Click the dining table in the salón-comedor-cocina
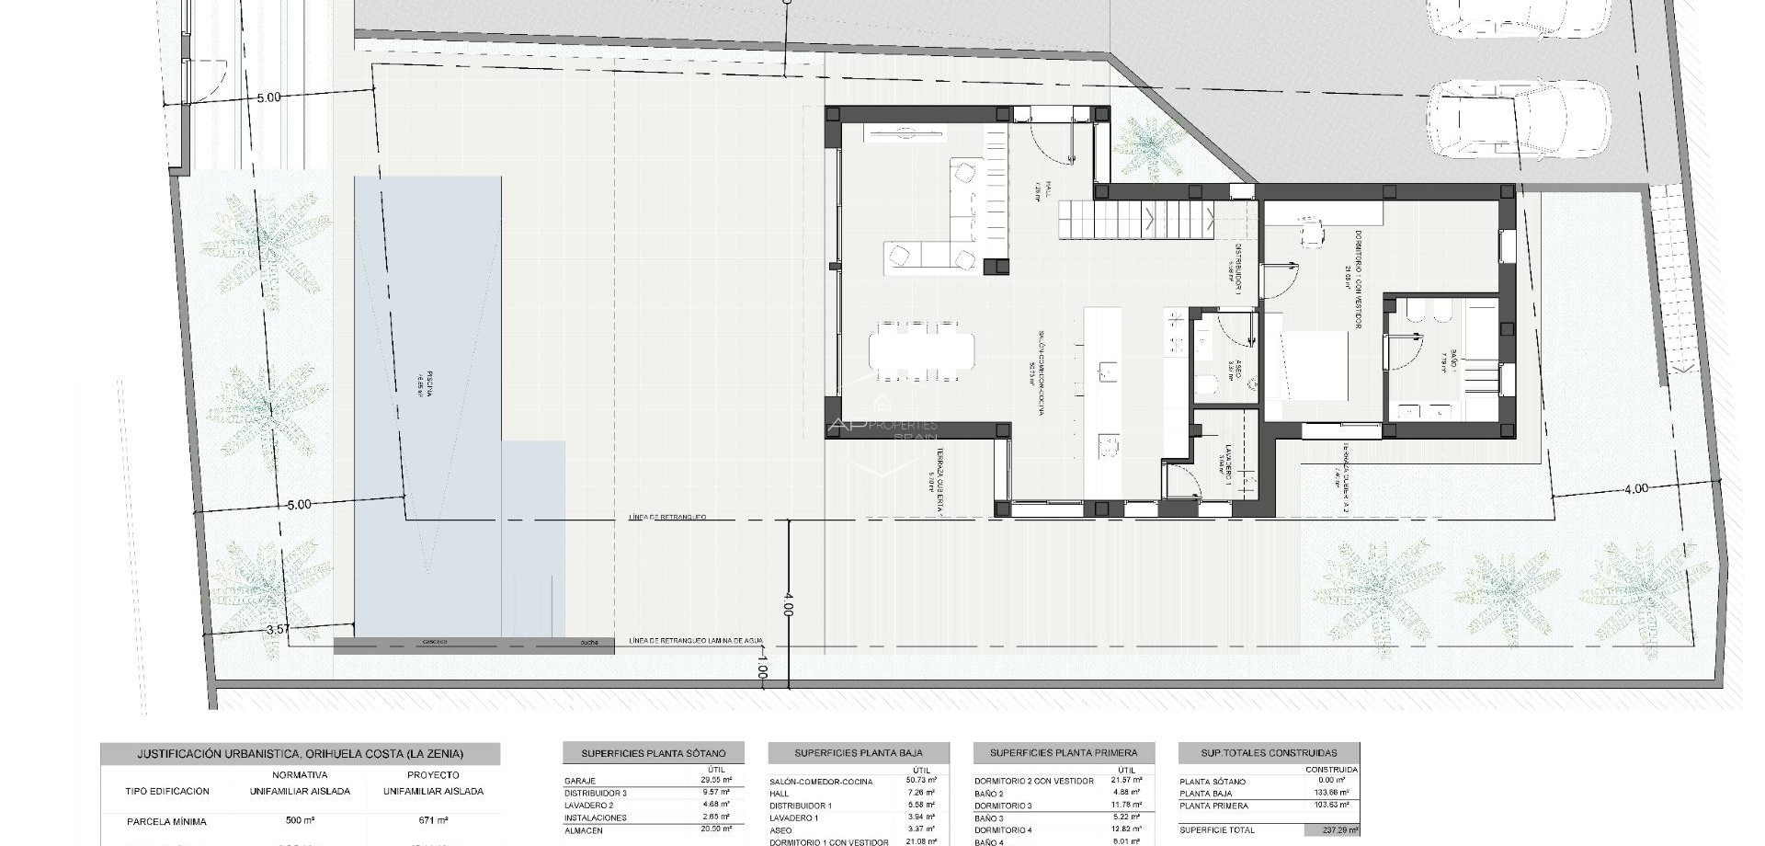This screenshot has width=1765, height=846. [x=921, y=350]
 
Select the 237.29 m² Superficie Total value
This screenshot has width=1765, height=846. [x=1331, y=829]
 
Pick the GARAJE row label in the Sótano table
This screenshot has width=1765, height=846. [x=580, y=781]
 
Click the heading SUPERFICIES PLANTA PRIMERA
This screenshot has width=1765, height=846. [x=1064, y=753]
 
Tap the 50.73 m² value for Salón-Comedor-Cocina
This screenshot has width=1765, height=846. [x=920, y=781]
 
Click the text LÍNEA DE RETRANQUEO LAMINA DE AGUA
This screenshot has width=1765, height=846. [x=696, y=641]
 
